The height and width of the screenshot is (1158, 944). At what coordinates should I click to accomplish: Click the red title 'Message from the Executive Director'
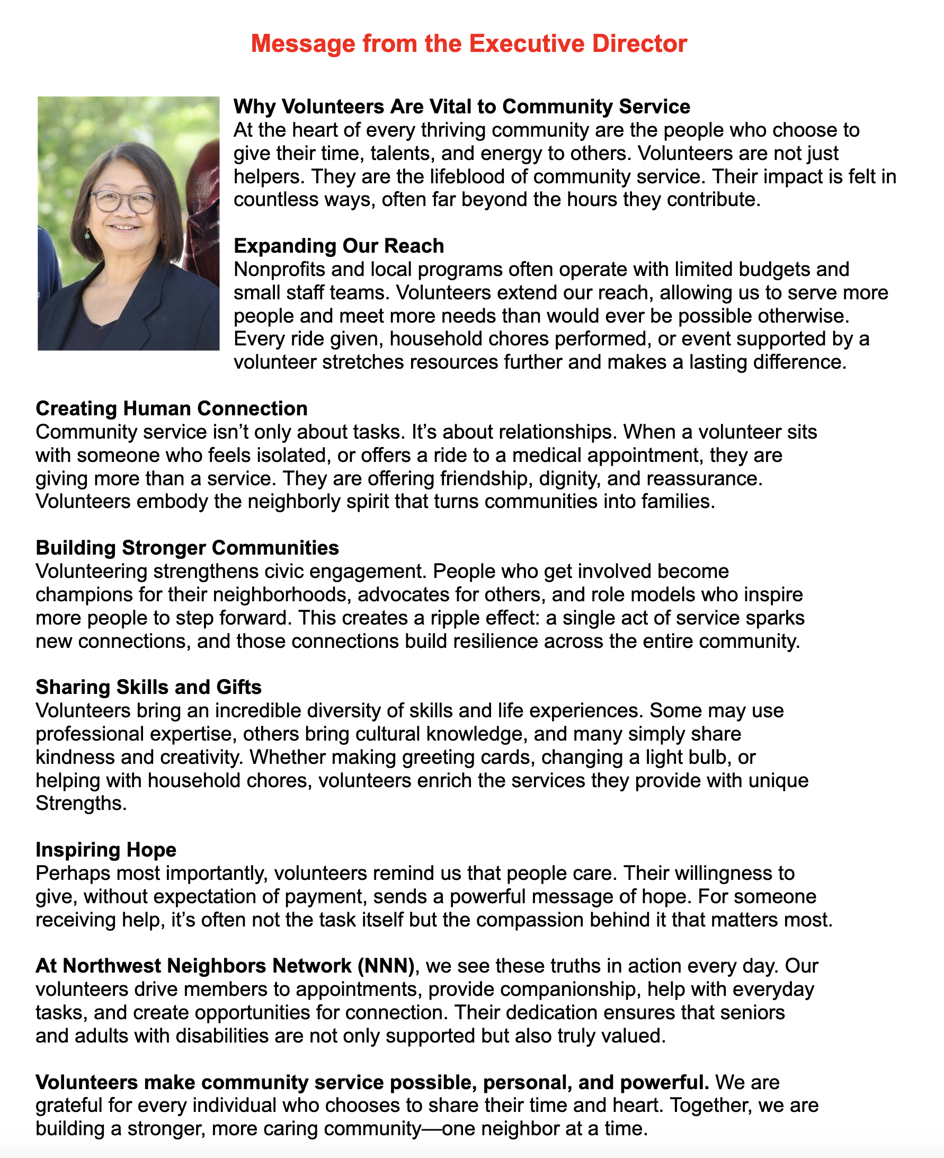point(469,44)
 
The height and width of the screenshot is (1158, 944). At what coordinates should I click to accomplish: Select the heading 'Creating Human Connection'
point(171,409)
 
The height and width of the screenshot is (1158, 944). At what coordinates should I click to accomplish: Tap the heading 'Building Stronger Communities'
point(187,548)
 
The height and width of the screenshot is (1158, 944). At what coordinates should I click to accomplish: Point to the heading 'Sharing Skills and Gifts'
point(148,687)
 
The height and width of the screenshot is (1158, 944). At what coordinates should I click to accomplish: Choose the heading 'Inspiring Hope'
point(106,850)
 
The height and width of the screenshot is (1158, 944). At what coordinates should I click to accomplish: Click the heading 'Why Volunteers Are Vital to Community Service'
point(461,106)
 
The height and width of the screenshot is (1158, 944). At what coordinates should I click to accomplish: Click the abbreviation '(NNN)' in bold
point(386,966)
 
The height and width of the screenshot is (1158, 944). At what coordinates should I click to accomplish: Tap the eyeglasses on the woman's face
point(124,202)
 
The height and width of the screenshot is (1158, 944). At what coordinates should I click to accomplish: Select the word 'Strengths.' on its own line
point(81,804)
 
